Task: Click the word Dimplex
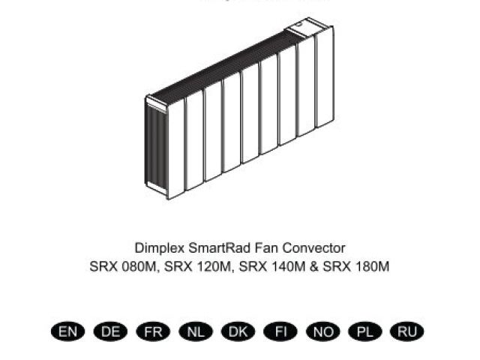[159, 247]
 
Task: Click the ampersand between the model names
[313, 266]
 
